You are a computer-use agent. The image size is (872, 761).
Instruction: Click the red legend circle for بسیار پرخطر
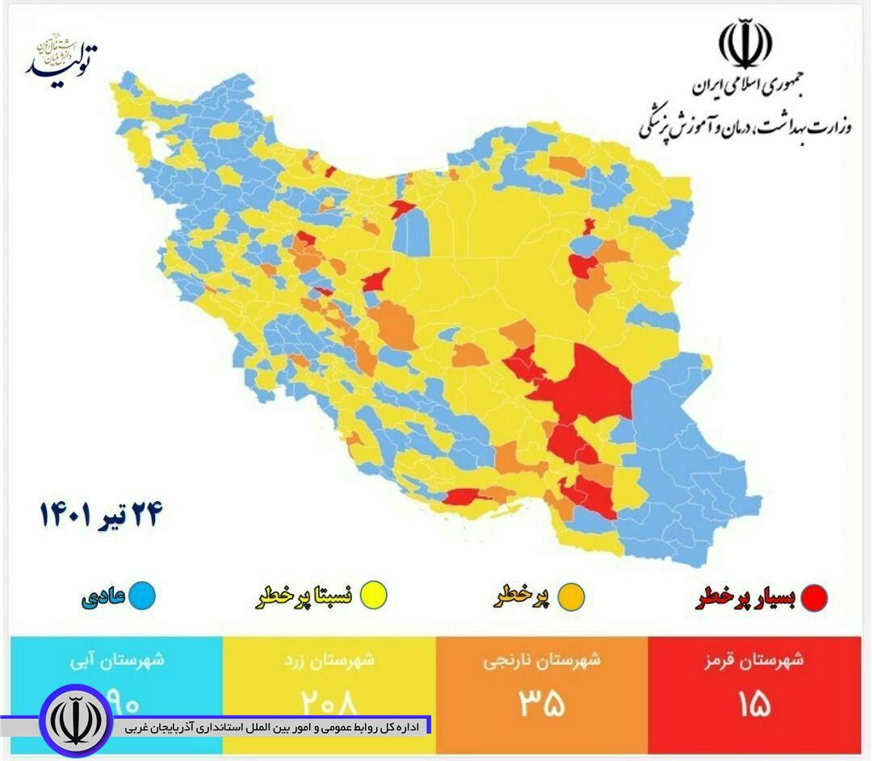click(814, 598)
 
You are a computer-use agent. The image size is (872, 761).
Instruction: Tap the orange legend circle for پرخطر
click(570, 598)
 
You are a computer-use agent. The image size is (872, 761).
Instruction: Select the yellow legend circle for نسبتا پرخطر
click(374, 596)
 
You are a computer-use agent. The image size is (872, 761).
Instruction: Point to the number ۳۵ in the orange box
click(542, 704)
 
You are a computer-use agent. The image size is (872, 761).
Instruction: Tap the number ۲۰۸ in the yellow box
click(329, 702)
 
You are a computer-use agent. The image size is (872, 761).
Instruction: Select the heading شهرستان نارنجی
click(542, 660)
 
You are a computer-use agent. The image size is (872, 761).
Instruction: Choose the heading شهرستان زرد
click(329, 659)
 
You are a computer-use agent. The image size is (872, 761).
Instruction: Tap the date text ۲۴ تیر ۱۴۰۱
click(102, 514)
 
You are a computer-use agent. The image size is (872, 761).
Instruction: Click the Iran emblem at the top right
click(744, 45)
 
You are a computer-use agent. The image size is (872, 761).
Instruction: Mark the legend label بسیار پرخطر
click(746, 598)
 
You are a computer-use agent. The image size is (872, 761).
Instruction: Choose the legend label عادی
click(103, 596)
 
